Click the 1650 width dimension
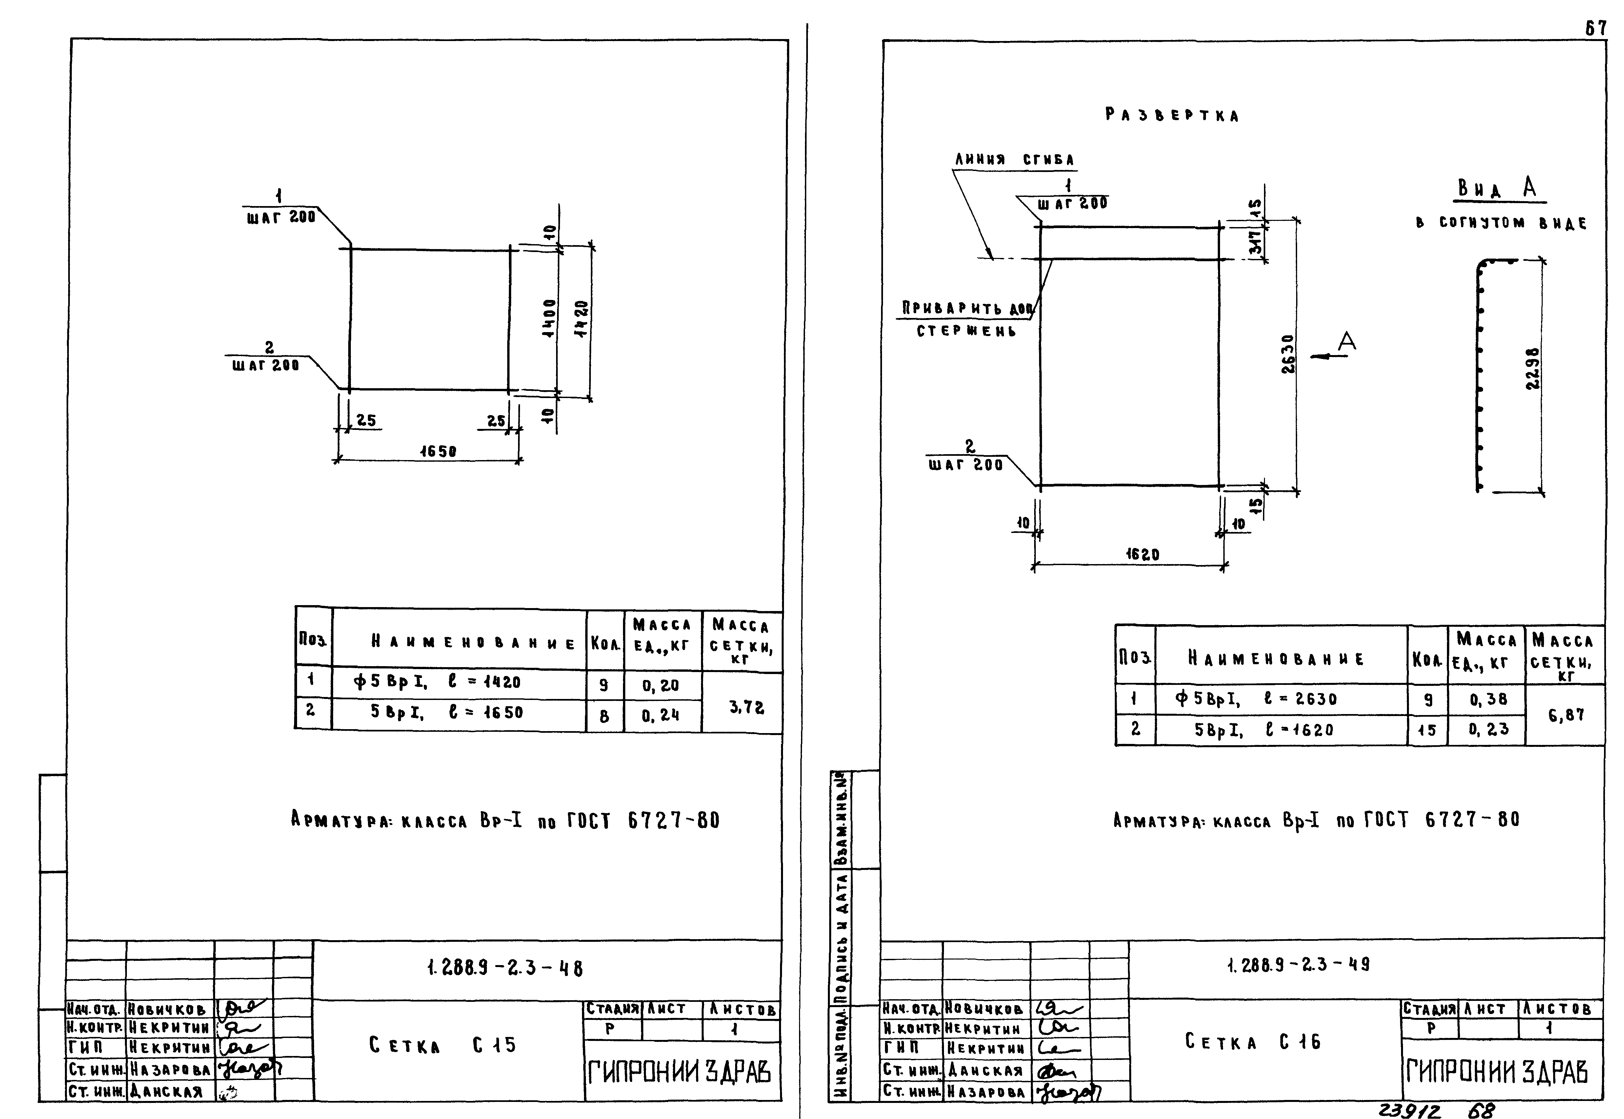coord(438,452)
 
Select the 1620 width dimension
coord(1143,555)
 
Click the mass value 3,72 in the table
coord(746,708)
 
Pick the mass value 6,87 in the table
coord(1566,715)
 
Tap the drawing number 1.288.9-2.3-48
coord(504,968)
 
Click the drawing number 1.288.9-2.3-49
coord(1298,965)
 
